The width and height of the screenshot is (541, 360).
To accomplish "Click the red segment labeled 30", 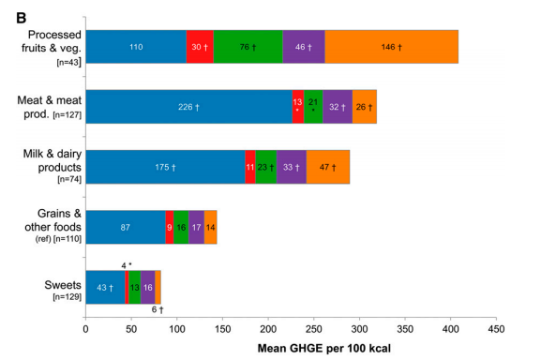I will point(200,47).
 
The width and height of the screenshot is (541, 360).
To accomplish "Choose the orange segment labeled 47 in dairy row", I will point(328,167).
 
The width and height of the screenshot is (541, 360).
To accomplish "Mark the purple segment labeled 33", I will point(292,167).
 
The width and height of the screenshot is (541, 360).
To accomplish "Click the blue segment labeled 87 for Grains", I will point(125,227).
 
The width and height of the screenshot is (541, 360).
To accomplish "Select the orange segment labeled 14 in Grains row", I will point(210,227).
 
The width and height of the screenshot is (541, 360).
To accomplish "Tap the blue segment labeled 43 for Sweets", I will point(105,287).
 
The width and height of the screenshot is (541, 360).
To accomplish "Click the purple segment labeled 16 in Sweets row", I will point(148,287).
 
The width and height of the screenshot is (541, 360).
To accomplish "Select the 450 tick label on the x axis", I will point(497,328).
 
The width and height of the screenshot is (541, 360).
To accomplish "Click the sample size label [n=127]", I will point(56,116).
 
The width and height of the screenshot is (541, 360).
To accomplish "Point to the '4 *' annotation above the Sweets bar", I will point(127,264).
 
